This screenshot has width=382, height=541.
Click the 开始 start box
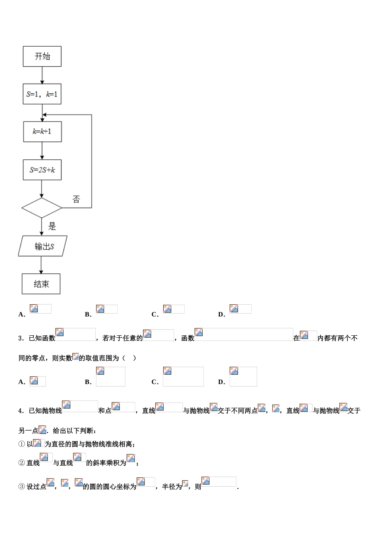coord(42,56)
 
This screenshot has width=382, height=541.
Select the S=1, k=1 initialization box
coord(42,95)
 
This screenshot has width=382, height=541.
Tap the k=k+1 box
coord(42,132)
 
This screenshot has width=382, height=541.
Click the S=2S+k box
coord(42,170)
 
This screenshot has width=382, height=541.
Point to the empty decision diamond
coord(41,208)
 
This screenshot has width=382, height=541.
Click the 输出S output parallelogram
coord(43,246)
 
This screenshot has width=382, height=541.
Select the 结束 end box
coord(41,284)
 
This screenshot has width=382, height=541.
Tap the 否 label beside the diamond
coord(76,199)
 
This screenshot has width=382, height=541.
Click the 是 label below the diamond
coord(52,226)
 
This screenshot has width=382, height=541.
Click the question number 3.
coord(21,338)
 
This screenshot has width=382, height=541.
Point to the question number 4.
coord(21,411)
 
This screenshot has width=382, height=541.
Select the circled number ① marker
coord(22,444)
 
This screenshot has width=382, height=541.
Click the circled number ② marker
coord(22,463)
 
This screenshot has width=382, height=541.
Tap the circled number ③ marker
coord(22,487)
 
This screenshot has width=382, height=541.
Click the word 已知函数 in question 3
coord(42,338)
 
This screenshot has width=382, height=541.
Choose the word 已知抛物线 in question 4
coord(45,411)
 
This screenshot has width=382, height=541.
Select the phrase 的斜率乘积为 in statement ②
coord(106,463)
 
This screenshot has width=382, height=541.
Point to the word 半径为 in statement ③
coord(172,487)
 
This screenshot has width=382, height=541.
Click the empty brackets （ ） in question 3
coord(129,358)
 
